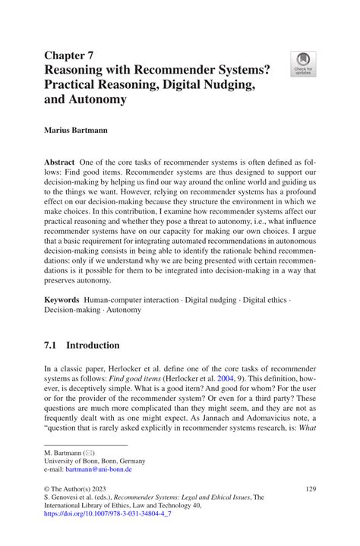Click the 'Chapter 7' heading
(69, 55)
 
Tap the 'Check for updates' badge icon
(304, 64)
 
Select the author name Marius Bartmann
(76, 130)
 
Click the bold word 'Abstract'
(59, 163)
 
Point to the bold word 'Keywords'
(62, 301)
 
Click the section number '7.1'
(52, 345)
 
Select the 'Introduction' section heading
(93, 345)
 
